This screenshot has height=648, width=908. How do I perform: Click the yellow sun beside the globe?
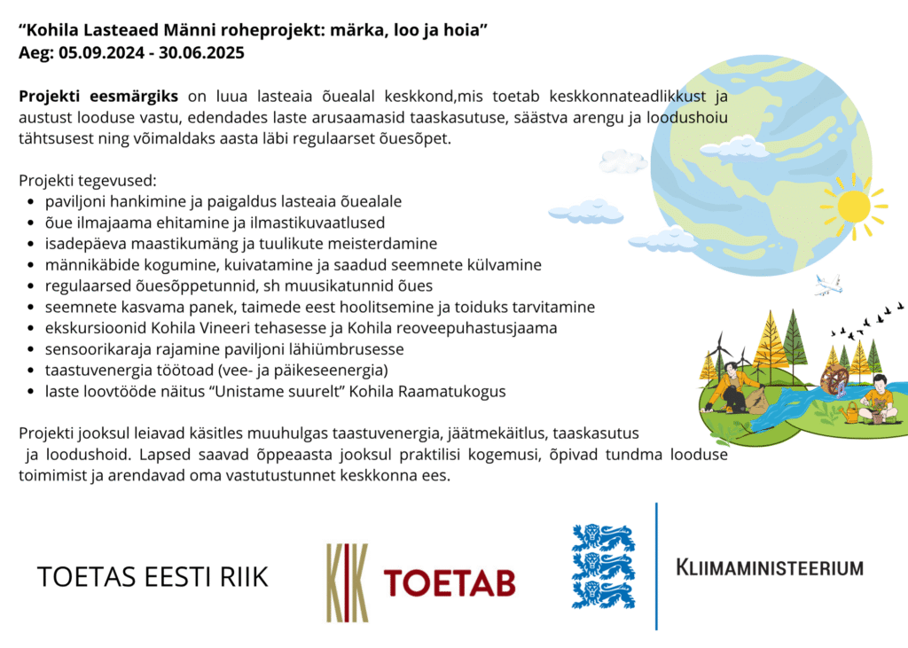click(x=854, y=206)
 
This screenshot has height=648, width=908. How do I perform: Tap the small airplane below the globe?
click(x=828, y=285)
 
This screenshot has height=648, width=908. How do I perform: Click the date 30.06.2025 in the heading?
click(x=201, y=52)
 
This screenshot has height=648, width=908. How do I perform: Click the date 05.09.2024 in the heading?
click(x=101, y=52)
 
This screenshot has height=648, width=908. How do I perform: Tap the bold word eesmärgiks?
click(x=134, y=97)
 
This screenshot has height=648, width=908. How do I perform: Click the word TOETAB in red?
click(x=450, y=582)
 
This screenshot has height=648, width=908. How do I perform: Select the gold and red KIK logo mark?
click(x=348, y=582)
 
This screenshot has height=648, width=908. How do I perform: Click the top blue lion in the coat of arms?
click(x=603, y=538)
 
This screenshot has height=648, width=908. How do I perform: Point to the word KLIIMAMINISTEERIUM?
click(x=770, y=567)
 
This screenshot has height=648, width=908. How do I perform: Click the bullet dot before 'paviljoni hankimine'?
click(x=31, y=202)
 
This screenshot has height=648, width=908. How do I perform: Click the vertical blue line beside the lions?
click(x=656, y=566)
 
